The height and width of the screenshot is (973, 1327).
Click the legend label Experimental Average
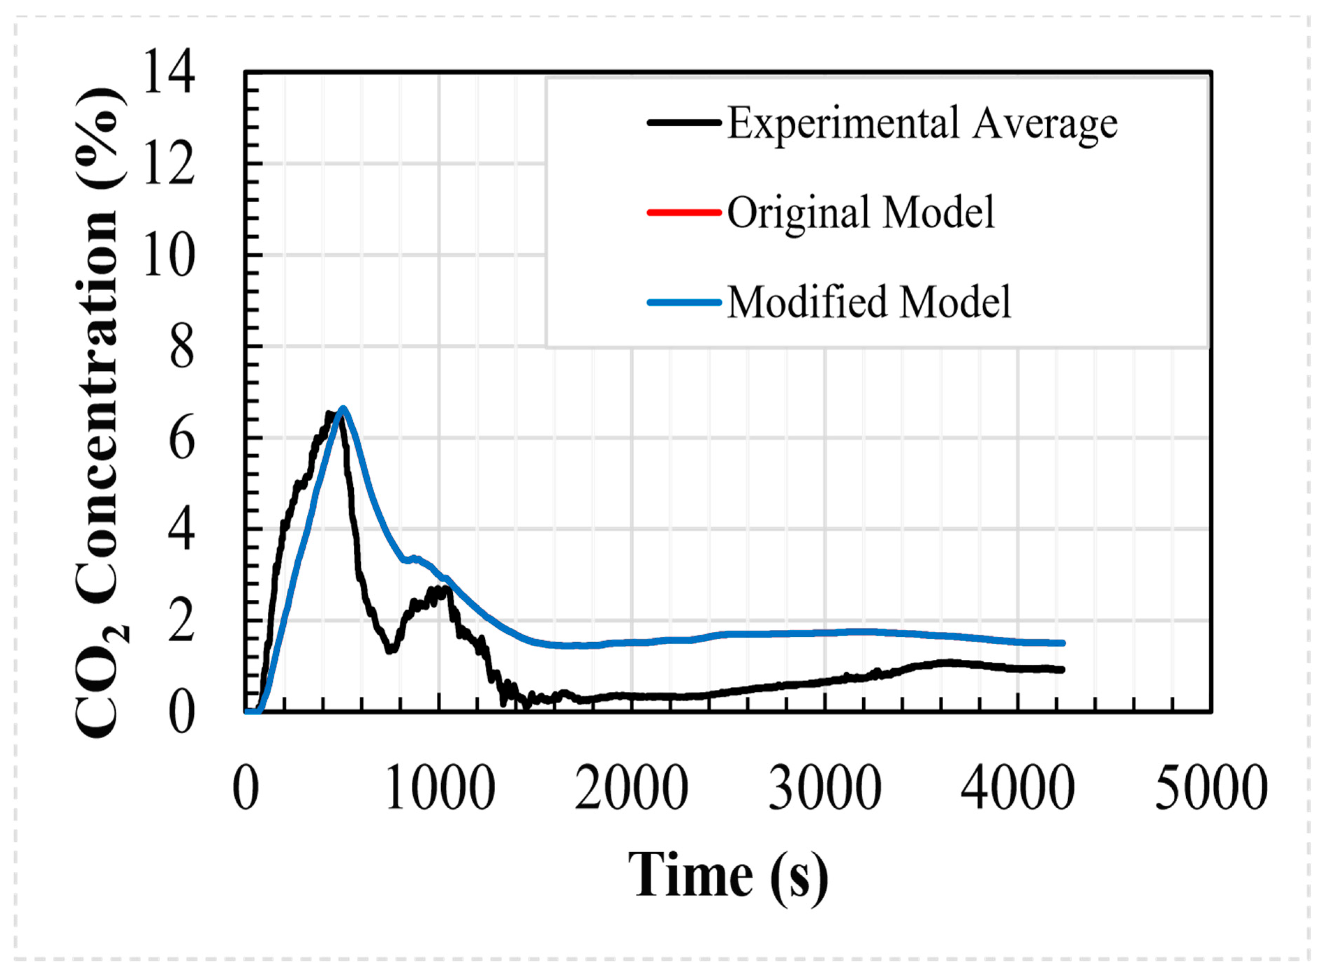click(x=922, y=124)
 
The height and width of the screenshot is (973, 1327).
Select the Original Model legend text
click(x=860, y=212)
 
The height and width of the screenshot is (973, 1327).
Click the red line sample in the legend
click(x=684, y=212)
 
